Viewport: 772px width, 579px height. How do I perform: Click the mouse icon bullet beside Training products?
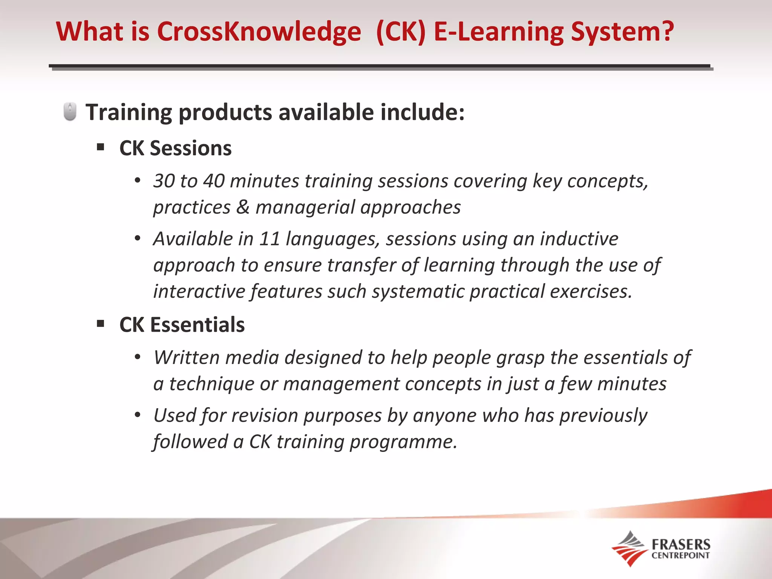70,112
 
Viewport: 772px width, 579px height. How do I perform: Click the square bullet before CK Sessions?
100,147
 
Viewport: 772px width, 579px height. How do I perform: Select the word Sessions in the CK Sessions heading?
191,148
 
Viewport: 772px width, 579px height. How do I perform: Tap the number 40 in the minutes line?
214,181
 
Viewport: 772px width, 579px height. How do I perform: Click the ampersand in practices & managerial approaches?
243,207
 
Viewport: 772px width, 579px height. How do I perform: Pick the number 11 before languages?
270,239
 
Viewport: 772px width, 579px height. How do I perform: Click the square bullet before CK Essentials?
100,323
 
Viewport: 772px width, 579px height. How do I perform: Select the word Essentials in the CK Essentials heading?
197,325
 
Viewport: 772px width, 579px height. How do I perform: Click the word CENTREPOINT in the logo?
680,555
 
